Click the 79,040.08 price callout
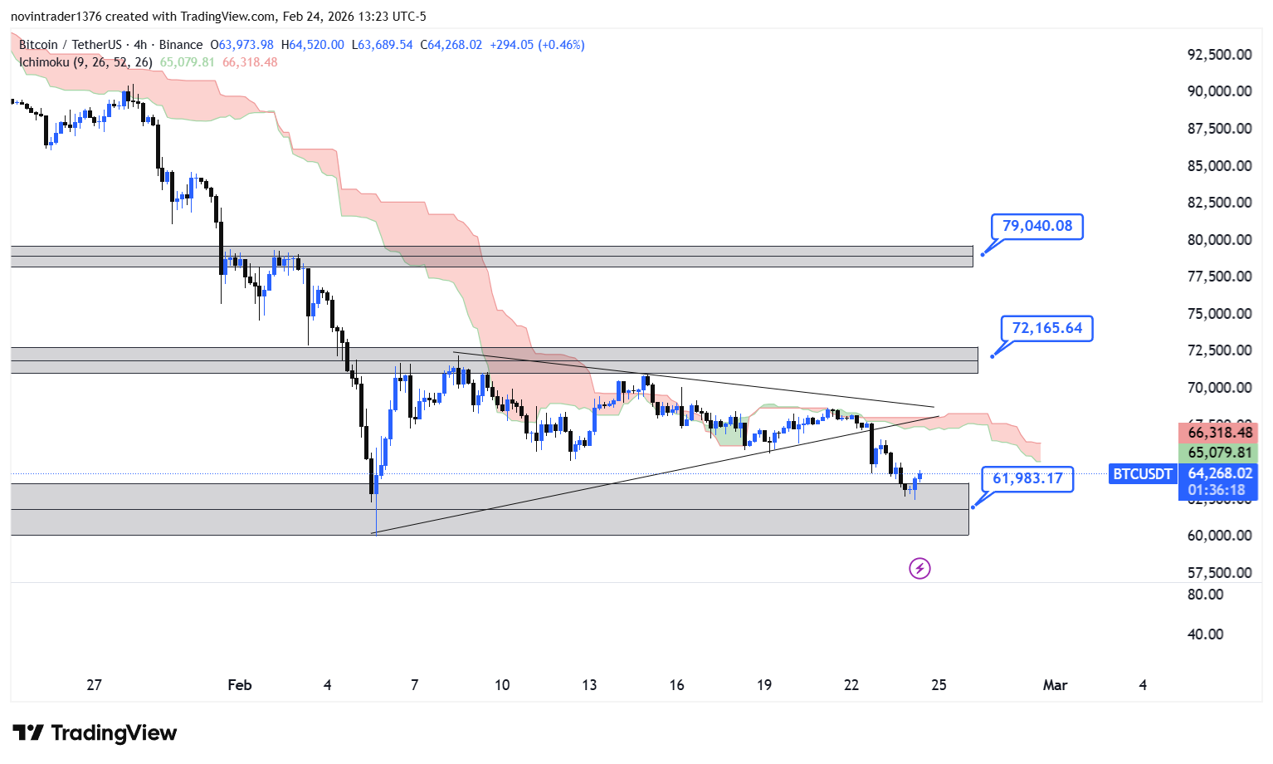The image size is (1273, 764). click(1036, 226)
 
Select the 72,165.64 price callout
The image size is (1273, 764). click(1046, 328)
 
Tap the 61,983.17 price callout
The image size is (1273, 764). click(1027, 478)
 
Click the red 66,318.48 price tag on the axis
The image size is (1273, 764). click(1219, 433)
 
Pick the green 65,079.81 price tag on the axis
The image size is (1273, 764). click(1219, 453)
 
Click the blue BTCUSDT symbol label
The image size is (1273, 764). click(1142, 474)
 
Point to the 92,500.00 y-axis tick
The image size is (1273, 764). click(1219, 55)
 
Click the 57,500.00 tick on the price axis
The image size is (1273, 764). click(1219, 573)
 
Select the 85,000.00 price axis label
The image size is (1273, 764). click(1219, 166)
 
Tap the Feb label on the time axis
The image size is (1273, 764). click(239, 685)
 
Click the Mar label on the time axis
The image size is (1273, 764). click(1055, 685)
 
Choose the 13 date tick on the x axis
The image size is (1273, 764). click(589, 685)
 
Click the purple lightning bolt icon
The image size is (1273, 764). click(919, 568)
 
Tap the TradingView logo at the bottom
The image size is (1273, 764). click(95, 732)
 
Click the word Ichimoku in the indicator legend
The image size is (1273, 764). click(44, 62)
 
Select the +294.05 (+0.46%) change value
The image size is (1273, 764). click(537, 45)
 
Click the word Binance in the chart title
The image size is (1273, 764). click(180, 45)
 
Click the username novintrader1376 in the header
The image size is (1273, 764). click(56, 17)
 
